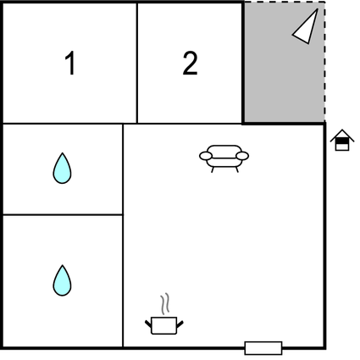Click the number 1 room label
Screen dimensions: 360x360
click(70, 63)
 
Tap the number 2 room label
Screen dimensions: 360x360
click(190, 64)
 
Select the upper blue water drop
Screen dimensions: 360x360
click(62, 169)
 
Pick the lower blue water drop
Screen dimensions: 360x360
click(62, 280)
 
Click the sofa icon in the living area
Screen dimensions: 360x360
click(224, 158)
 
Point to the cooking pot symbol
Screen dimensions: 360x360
click(164, 325)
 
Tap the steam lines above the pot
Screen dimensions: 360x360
click(165, 304)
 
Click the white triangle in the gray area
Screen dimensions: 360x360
click(306, 27)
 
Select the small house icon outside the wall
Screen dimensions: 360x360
click(342, 140)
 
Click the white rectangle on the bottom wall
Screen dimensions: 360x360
click(263, 348)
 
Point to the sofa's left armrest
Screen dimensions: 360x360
click(206, 156)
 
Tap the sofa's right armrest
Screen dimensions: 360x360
click(242, 156)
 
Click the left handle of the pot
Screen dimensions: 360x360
click(148, 324)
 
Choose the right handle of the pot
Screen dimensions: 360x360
click(180, 324)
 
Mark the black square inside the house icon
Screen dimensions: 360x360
click(342, 141)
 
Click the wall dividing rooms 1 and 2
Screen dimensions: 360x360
click(137, 63)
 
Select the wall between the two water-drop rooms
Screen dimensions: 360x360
click(63, 215)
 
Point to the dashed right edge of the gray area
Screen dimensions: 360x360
click(324, 62)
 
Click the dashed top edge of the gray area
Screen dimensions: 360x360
click(285, 3)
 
